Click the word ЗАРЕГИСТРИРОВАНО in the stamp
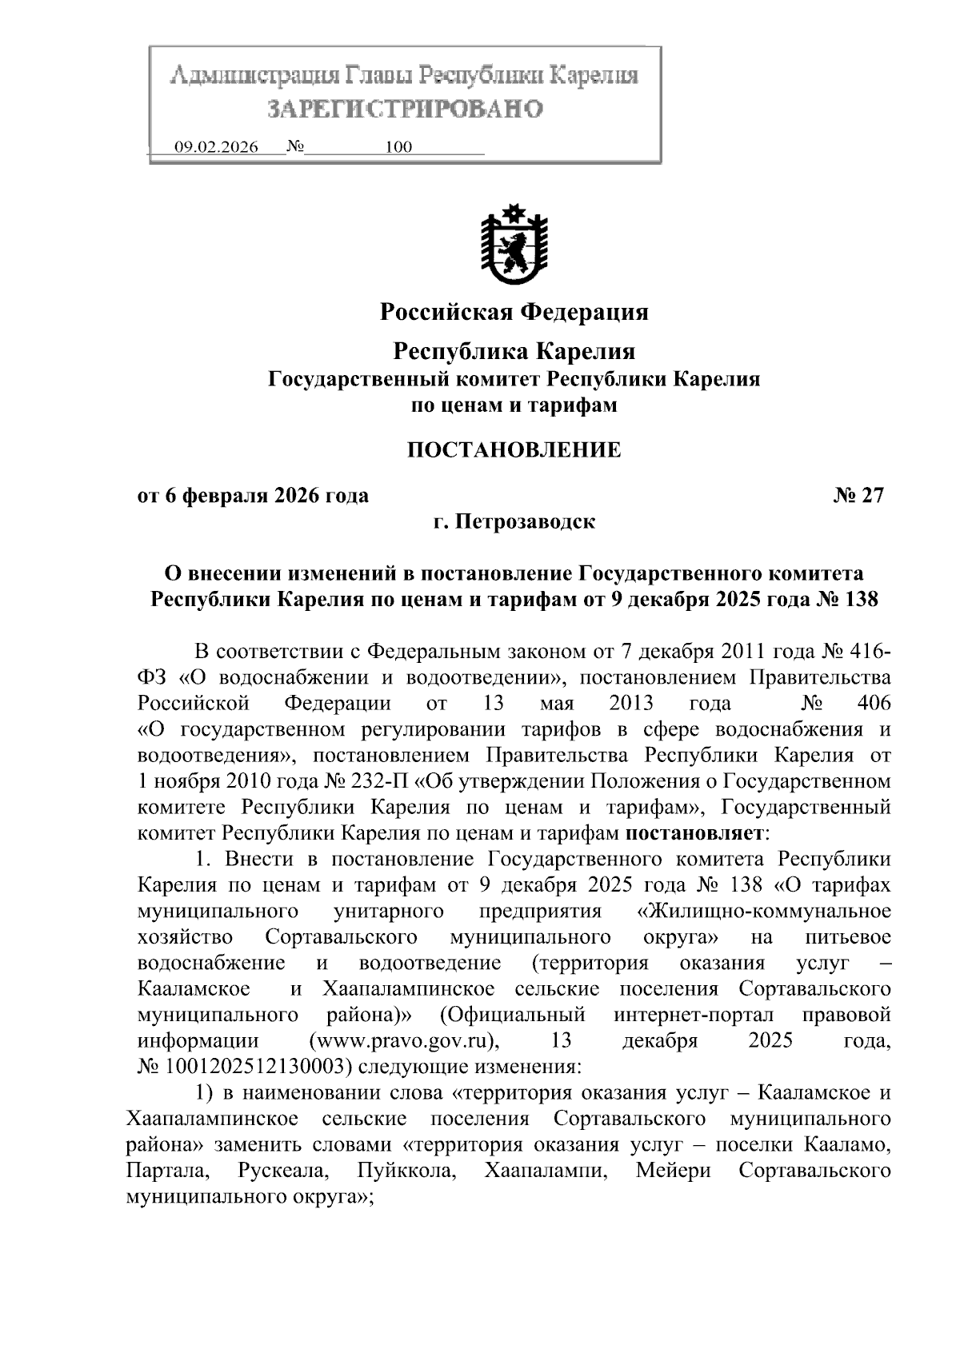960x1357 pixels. click(x=404, y=109)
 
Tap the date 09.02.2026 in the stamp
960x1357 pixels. click(x=216, y=147)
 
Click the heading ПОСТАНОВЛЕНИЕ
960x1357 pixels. click(x=514, y=449)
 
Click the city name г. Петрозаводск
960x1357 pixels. click(x=514, y=522)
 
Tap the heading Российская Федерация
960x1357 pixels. click(x=514, y=311)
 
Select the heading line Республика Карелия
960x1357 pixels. click(x=514, y=351)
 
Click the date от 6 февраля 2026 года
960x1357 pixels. click(x=254, y=496)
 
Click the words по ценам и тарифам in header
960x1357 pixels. click(x=514, y=405)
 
